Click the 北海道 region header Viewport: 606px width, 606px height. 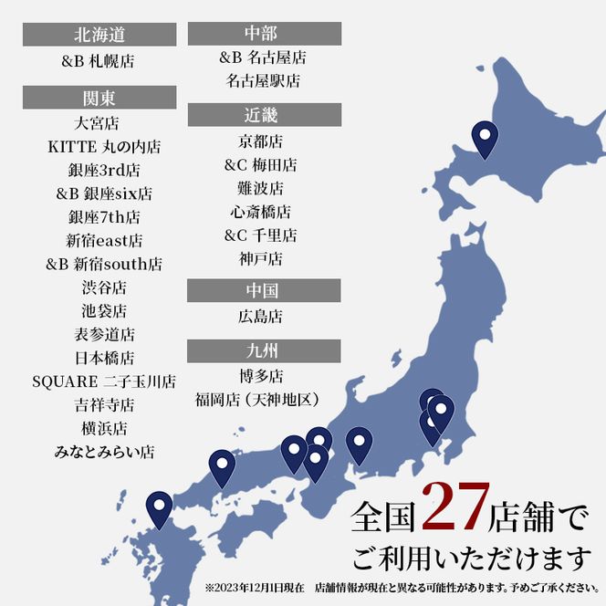(99, 36)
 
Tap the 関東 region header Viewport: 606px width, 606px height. (99, 98)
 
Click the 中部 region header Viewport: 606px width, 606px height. (264, 34)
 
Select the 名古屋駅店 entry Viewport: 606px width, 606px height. (263, 80)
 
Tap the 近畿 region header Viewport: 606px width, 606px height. (264, 115)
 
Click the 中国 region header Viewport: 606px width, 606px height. (264, 291)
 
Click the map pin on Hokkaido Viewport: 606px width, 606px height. (485, 138)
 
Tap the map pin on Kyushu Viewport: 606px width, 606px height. (160, 507)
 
